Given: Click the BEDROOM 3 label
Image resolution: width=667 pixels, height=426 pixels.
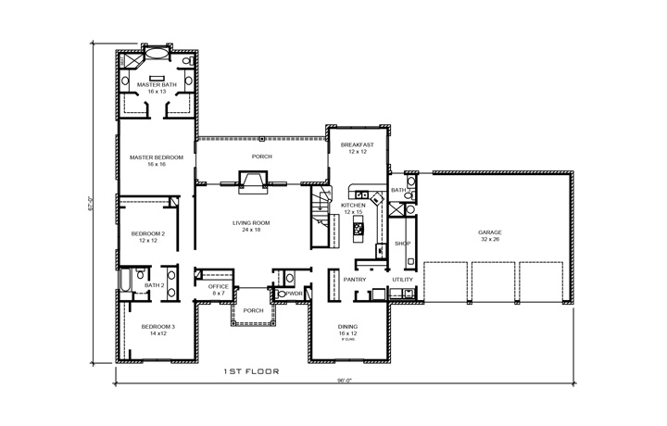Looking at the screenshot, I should (157, 329).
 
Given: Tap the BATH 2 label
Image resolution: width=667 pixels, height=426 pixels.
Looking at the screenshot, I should (154, 285).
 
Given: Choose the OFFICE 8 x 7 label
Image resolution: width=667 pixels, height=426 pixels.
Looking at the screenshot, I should (218, 290).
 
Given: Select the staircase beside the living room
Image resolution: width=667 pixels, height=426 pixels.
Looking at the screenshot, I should (321, 217).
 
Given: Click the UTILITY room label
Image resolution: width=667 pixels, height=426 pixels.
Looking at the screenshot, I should (402, 279).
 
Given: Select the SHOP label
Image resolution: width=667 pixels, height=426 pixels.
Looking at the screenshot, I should (402, 244).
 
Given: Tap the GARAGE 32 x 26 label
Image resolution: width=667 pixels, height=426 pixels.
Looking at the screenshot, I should (490, 235).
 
